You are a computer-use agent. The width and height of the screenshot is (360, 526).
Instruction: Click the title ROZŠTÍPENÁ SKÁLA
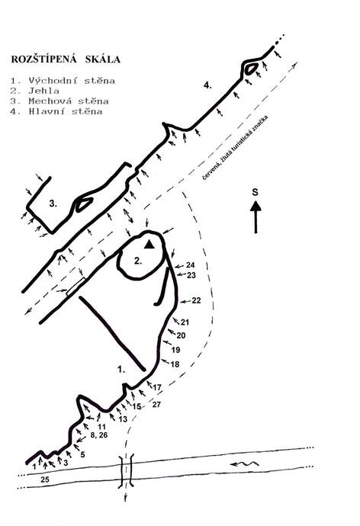click(66, 59)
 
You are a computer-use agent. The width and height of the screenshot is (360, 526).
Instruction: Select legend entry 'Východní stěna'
click(72, 81)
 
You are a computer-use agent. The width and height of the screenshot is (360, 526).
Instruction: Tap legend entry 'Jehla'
click(44, 91)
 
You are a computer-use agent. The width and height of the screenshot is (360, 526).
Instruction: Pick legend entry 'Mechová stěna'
click(69, 101)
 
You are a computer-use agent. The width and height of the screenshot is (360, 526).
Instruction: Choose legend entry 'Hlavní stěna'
click(66, 111)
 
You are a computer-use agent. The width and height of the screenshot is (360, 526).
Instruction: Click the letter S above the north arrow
click(256, 192)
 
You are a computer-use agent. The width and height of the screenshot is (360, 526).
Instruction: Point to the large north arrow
click(256, 217)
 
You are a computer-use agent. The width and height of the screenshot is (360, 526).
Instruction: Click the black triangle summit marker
click(149, 245)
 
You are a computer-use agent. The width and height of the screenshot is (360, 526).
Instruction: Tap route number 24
click(190, 265)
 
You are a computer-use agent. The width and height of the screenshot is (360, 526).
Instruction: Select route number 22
click(196, 300)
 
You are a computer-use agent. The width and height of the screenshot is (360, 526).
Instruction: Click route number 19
click(176, 350)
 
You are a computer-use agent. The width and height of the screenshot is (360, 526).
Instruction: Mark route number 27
click(156, 405)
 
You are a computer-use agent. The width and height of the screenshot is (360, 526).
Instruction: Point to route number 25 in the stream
click(45, 479)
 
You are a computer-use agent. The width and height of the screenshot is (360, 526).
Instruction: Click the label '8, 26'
click(99, 435)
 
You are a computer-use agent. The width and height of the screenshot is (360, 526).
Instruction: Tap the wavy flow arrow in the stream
click(245, 464)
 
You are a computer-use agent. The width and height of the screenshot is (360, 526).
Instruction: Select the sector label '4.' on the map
click(207, 85)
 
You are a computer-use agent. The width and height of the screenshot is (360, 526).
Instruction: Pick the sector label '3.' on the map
click(53, 204)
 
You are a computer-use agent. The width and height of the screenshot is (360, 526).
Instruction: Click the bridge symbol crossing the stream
click(126, 471)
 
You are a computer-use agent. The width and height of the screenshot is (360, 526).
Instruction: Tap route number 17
click(157, 387)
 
